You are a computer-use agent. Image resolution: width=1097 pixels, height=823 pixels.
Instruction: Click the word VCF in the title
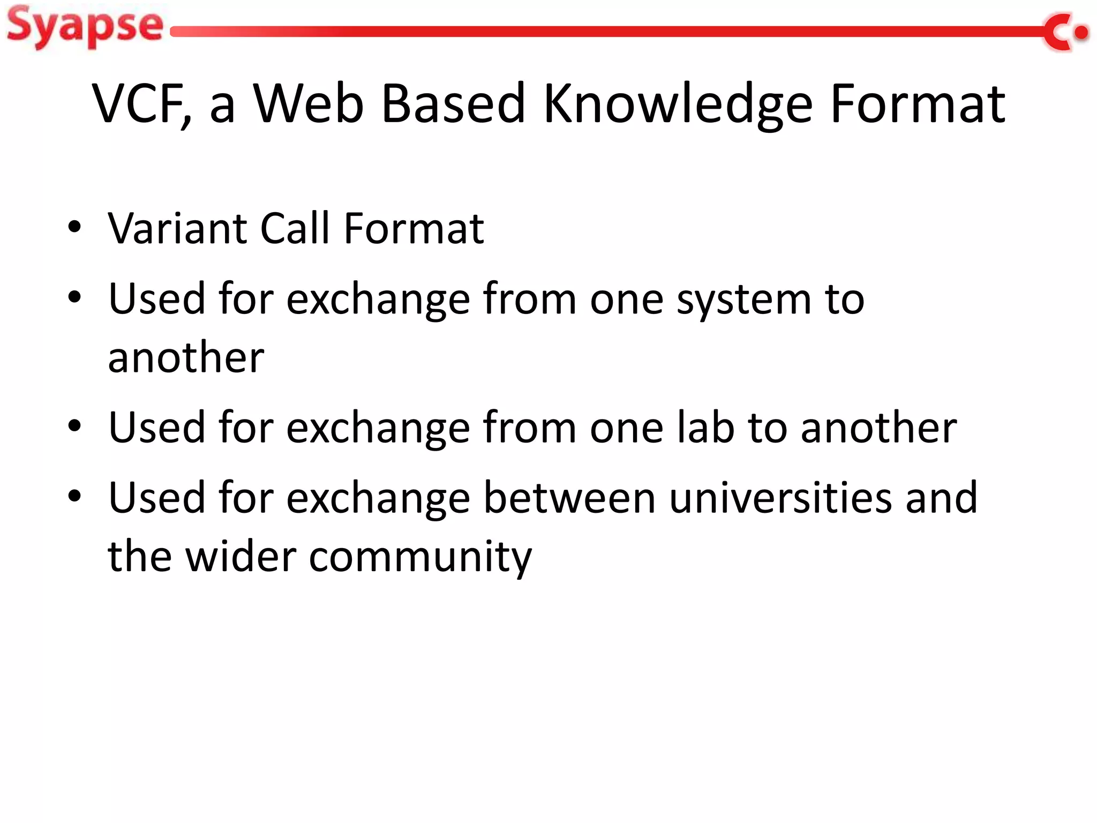(x=140, y=104)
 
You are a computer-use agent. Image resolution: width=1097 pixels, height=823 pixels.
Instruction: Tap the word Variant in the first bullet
(x=177, y=229)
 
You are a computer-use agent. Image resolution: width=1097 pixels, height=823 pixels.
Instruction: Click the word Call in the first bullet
(x=295, y=229)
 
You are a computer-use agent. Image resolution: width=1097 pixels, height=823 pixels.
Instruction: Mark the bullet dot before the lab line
(x=74, y=426)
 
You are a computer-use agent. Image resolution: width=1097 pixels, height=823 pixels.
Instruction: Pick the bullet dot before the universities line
(x=74, y=496)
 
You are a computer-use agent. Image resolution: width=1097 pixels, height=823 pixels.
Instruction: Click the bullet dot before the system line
(x=74, y=297)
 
